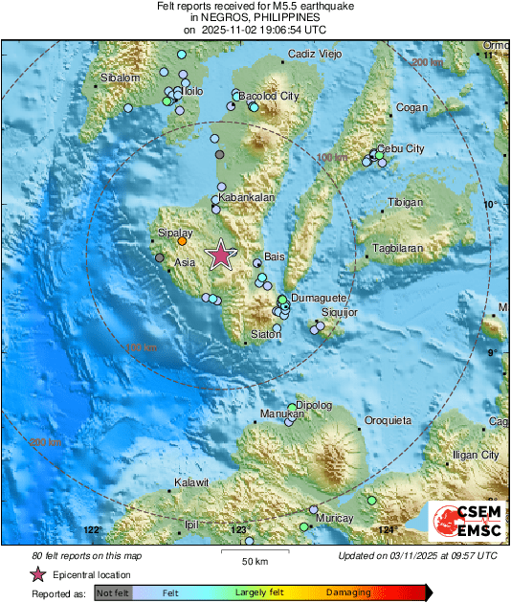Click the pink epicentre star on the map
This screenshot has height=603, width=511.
coord(221,255)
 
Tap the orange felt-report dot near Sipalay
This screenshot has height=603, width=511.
coord(182,241)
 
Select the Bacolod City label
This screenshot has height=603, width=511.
coord(268,97)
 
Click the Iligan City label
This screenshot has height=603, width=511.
coord(476,455)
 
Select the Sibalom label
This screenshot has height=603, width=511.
coord(121,78)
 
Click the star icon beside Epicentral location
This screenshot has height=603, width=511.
coord(38,574)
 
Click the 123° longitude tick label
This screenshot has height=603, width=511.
coord(238,529)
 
